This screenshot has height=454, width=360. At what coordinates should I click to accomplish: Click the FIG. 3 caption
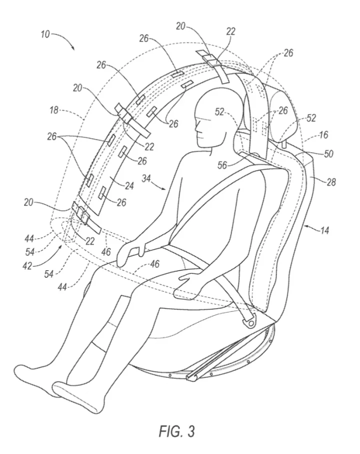pos(176,430)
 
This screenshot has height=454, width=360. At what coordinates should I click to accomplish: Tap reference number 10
pos(45,35)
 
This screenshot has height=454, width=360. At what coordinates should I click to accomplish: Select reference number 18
pos(54,110)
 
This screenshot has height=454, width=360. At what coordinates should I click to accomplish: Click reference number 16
pos(323,135)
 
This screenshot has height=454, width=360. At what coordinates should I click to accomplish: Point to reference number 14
pos(324,231)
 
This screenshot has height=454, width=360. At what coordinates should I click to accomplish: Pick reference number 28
pos(331,182)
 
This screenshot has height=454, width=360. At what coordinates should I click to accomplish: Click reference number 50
pos(328,154)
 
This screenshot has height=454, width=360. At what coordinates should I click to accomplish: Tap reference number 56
pos(223,165)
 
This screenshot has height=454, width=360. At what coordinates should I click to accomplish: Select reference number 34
pos(146,179)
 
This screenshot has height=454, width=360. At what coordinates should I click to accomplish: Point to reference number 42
pos(27,265)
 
